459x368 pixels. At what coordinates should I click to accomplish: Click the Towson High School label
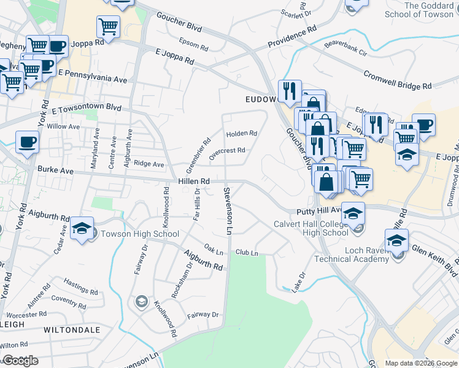click(x=139, y=234)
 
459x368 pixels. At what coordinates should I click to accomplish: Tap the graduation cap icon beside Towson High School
click(x=82, y=228)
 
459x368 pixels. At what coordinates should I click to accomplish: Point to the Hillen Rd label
click(x=194, y=182)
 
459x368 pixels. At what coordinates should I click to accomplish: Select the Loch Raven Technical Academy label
click(x=351, y=254)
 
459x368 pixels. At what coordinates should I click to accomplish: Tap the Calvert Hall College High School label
click(x=310, y=228)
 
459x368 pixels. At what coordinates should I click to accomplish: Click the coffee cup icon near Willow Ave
click(x=26, y=142)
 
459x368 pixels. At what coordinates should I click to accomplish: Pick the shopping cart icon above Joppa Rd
click(x=108, y=26)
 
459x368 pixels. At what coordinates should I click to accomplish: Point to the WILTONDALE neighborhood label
click(x=72, y=329)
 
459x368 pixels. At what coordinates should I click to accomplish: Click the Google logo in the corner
click(x=20, y=361)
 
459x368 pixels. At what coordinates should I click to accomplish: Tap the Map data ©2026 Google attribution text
click(x=421, y=363)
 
